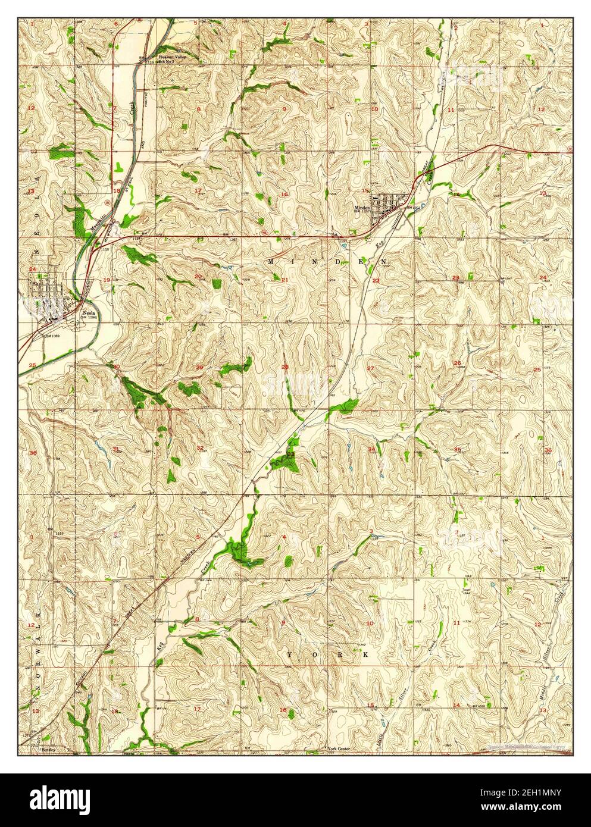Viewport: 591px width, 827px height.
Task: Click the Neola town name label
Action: (x=87, y=312)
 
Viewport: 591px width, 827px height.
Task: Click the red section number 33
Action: (x=290, y=453)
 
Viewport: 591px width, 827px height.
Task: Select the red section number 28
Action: (x=285, y=367)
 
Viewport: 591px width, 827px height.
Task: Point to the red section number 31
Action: (x=116, y=448)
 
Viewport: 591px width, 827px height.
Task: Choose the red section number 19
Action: (x=107, y=280)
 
